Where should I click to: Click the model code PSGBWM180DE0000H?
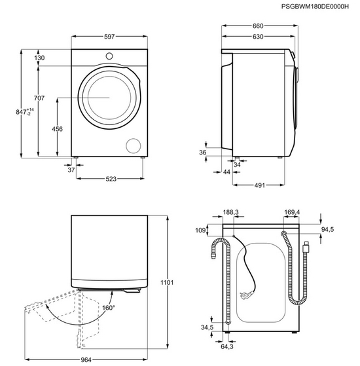pos(315,7)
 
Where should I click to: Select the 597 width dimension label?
pos(109,37)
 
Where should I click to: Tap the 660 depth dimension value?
pos(258,26)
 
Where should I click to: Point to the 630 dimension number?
pos(258,37)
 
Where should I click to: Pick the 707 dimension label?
pos(39,98)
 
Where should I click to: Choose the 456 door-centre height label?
pos(57,129)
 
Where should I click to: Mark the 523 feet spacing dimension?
pos(111,179)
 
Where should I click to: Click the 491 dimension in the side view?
pos(259,185)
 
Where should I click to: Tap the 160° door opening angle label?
pos(109,308)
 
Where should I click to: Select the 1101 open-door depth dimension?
pos(167,282)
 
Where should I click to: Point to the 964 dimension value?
pos(86,360)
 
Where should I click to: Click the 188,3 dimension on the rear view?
pos(230,212)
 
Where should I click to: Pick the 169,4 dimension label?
pos(292,212)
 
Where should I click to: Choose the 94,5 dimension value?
pos(327,229)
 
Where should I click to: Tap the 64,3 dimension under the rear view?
pos(227,346)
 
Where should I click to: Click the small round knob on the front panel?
pos(109,56)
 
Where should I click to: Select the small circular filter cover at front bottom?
pos(134,146)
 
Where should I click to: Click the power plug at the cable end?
pos(245,295)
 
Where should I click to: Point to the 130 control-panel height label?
pos(39,58)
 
